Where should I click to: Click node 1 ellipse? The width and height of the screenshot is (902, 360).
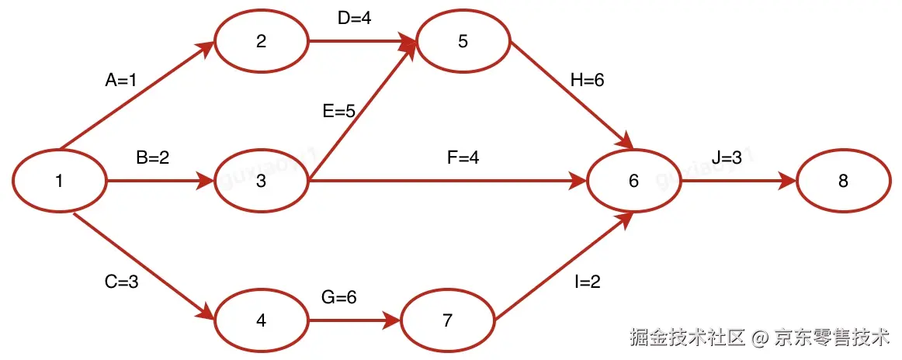[x=59, y=182]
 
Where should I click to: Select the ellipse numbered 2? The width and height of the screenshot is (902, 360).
[x=261, y=41]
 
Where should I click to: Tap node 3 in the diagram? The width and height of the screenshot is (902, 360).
[x=261, y=182]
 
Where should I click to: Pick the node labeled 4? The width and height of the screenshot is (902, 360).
[x=261, y=320]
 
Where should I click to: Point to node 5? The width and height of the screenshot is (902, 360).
[x=463, y=41]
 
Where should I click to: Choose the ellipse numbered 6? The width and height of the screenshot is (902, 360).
[x=633, y=182]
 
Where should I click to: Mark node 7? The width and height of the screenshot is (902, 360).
[x=447, y=320]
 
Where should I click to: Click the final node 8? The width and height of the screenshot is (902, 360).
[x=843, y=182]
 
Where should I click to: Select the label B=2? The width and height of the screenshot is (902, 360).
[x=153, y=157]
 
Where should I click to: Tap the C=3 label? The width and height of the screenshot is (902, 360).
[x=121, y=282]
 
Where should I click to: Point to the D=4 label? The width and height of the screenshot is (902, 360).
[x=355, y=18]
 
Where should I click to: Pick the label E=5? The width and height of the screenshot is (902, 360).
[x=339, y=112]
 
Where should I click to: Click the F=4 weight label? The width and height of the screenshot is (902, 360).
[x=463, y=157]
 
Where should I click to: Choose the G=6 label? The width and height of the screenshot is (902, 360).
[x=339, y=297]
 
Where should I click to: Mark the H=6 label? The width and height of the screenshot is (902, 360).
[x=588, y=80]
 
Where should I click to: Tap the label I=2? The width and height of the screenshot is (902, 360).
[x=588, y=282]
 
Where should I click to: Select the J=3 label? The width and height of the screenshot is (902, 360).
[x=727, y=157]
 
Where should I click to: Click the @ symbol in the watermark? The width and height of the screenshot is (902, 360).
[x=761, y=337]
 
